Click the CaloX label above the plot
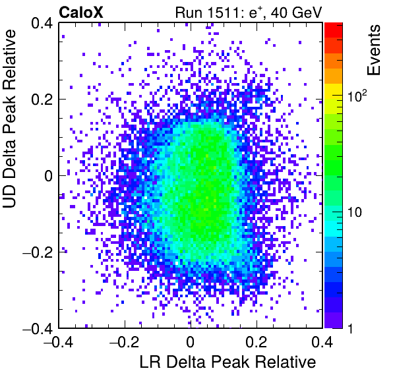point(81,13)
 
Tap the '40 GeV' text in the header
point(297,13)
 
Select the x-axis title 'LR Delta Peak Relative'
point(227,362)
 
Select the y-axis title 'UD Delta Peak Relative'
point(9,119)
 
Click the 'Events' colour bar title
point(373,50)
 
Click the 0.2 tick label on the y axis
point(42,100)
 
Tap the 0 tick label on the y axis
point(49,176)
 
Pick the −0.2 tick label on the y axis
point(38,252)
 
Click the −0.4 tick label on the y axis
point(38,328)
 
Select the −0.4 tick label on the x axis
point(59,341)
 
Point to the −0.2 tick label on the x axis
point(125,341)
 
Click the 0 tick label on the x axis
point(191,341)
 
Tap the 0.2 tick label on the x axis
point(256,341)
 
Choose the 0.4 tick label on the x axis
point(322,341)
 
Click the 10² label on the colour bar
point(357,96)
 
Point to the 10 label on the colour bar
point(355,212)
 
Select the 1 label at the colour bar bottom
point(351,328)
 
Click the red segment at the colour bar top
point(334,30)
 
